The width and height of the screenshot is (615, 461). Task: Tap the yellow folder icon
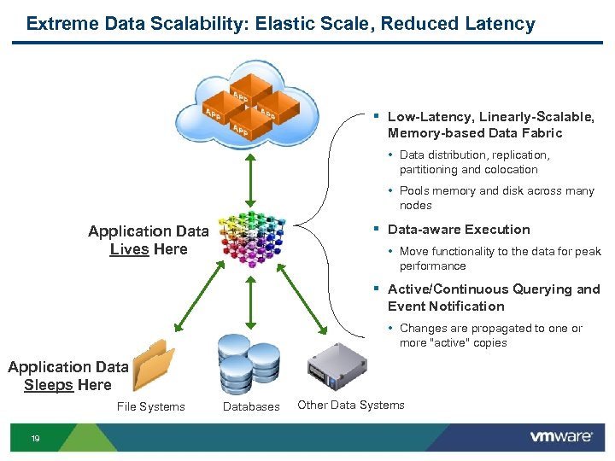154,366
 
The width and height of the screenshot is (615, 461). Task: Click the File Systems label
150,407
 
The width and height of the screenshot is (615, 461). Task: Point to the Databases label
251,407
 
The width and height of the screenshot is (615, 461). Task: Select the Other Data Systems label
350,406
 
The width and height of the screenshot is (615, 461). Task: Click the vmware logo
560,437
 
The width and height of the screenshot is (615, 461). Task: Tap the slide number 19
36,438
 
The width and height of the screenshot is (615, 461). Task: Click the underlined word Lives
129,249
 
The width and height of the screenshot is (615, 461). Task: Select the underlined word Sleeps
49,385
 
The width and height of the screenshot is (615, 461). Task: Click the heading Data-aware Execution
459,230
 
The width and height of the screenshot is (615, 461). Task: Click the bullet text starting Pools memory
496,198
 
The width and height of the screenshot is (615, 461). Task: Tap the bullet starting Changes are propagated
490,336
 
